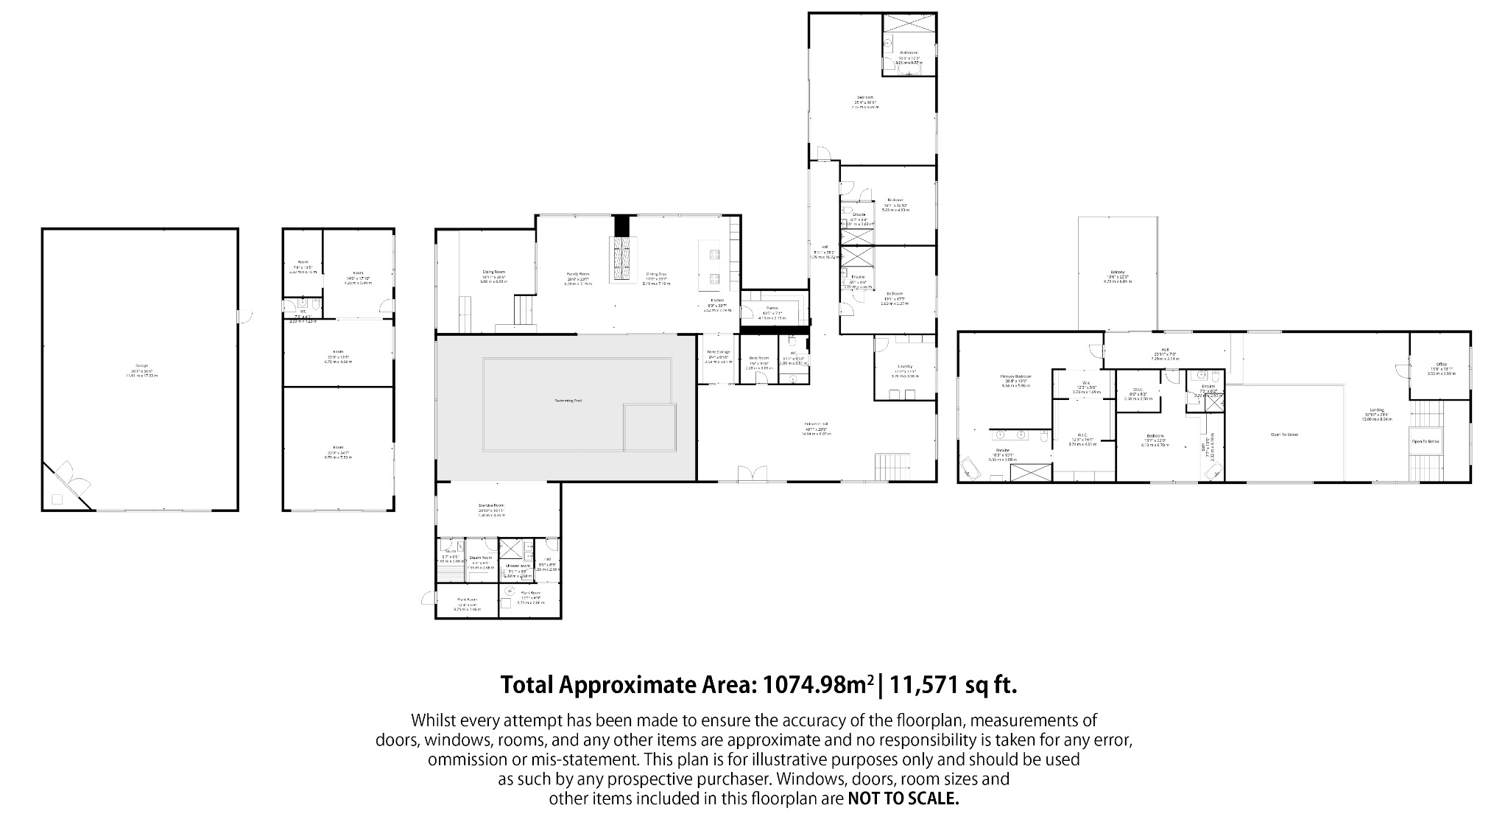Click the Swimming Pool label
(x=568, y=401)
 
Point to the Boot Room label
(x=758, y=363)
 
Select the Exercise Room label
(x=490, y=505)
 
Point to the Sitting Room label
(x=493, y=272)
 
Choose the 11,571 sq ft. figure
(x=954, y=685)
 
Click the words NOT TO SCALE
(x=903, y=799)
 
